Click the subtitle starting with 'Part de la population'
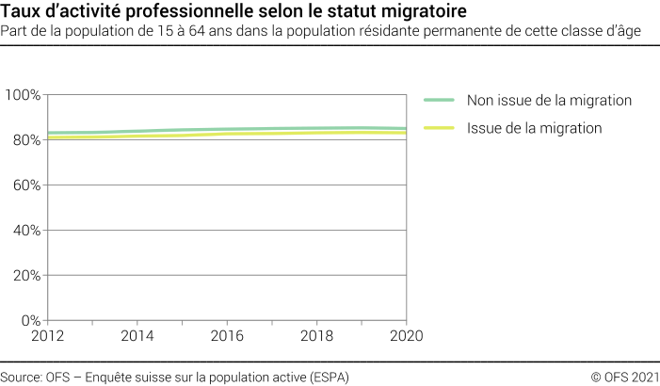(321, 31)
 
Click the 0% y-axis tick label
(28, 321)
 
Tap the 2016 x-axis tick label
(226, 336)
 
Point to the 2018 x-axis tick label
(316, 336)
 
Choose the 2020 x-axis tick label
(406, 336)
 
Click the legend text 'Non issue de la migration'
(549, 101)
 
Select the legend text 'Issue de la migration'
(534, 128)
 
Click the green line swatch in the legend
(439, 101)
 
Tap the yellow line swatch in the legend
(439, 128)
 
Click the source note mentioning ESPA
(174, 377)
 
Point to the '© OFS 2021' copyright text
(624, 377)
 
